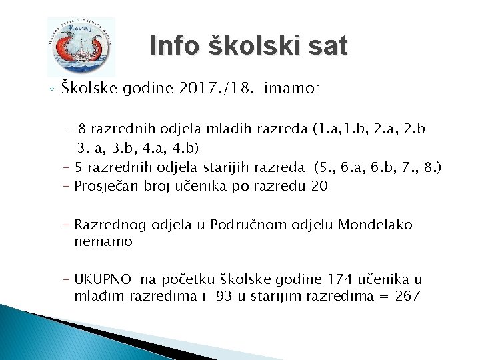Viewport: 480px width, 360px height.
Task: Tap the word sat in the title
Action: tap(327, 46)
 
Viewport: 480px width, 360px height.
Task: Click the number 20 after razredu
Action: tap(319, 185)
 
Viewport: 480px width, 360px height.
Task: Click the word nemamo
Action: tap(103, 241)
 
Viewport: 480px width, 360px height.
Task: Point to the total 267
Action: tap(406, 296)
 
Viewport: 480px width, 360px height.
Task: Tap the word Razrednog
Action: tap(108, 225)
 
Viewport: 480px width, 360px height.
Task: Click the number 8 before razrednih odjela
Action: tap(81, 128)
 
